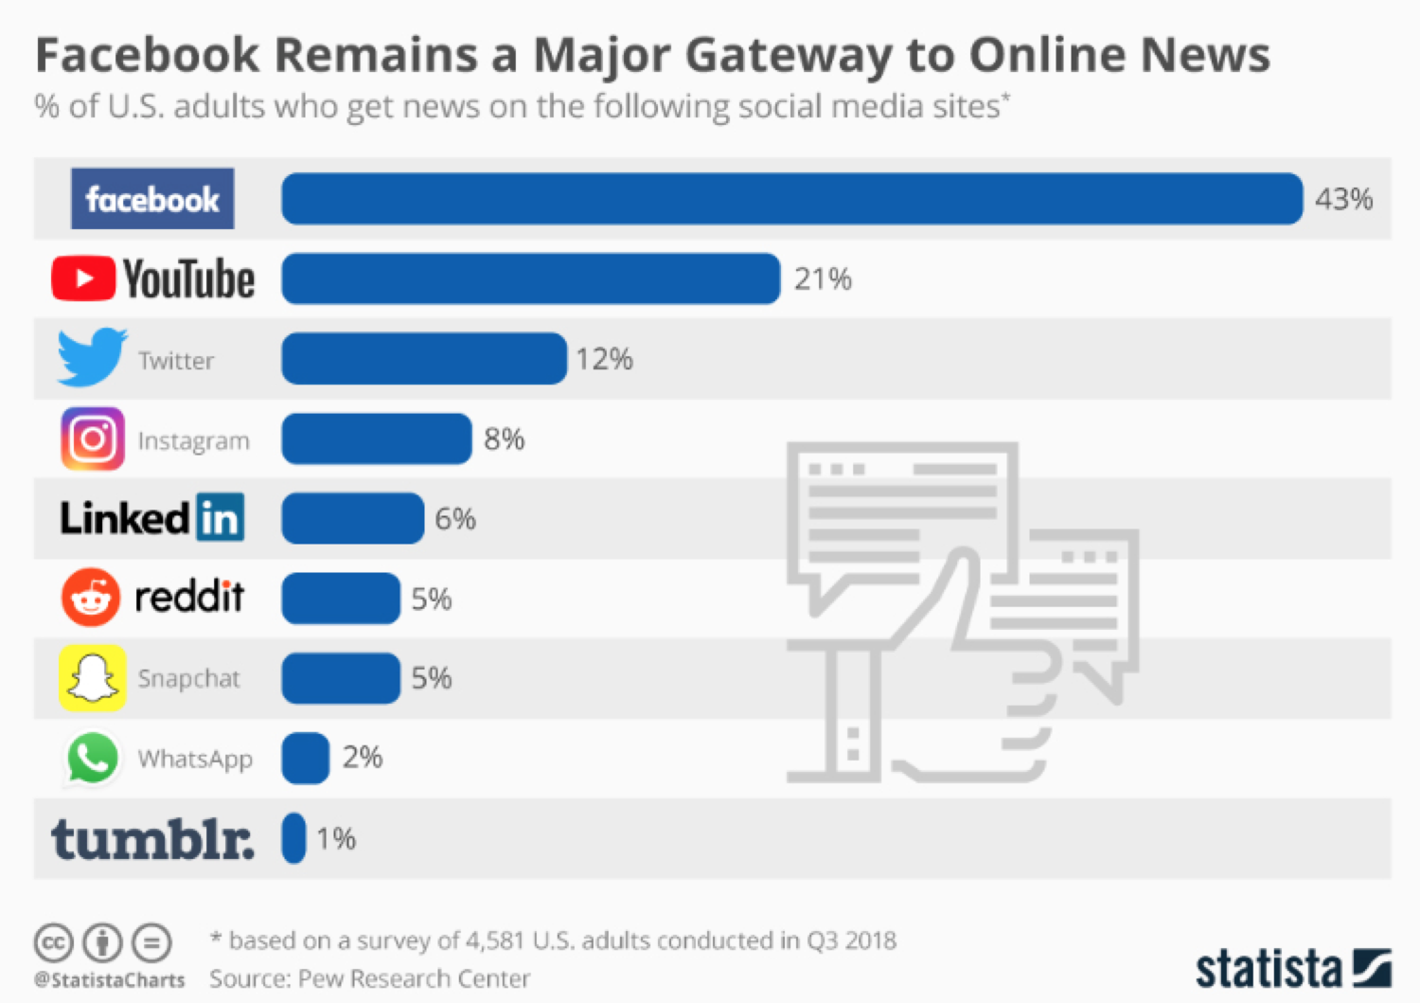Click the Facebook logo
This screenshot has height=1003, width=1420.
(x=152, y=199)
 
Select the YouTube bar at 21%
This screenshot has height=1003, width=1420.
(x=530, y=278)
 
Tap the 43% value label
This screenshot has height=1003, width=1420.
(x=1343, y=199)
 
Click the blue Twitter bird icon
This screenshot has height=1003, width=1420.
(x=91, y=357)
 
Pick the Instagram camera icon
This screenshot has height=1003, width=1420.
(x=92, y=439)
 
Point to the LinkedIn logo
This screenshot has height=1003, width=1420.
(x=152, y=518)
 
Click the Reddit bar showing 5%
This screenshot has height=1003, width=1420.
(x=341, y=599)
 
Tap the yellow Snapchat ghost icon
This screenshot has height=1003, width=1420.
(x=92, y=678)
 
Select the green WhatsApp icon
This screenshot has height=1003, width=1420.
(x=92, y=758)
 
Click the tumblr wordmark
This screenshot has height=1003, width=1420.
(x=152, y=839)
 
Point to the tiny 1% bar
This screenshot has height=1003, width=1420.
(x=293, y=838)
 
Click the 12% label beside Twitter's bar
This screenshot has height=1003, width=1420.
(x=604, y=359)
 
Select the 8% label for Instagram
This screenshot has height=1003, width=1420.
(x=504, y=439)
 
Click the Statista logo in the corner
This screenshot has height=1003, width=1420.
(x=1293, y=969)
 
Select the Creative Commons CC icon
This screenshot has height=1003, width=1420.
(x=54, y=942)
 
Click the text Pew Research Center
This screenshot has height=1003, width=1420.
(x=414, y=978)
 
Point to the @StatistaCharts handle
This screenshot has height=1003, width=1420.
(x=109, y=980)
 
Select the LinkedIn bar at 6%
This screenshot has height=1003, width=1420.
(x=352, y=518)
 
